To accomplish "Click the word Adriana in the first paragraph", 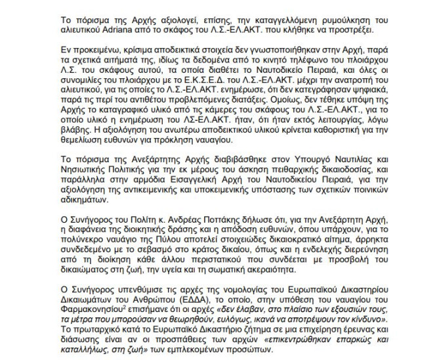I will (x=97, y=32).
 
